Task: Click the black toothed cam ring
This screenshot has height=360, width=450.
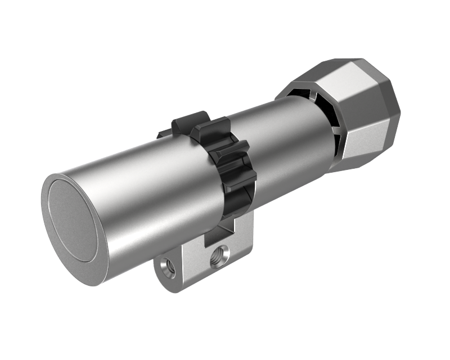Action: pos(228,163)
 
